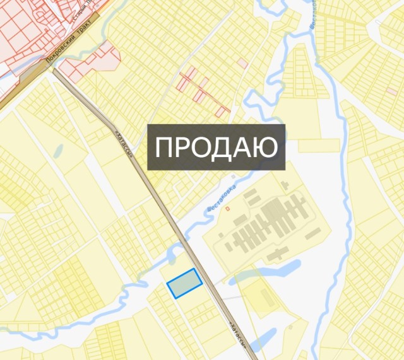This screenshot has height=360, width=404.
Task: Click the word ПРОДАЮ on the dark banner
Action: coord(217,147)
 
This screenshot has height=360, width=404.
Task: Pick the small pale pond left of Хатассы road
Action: coord(58,151)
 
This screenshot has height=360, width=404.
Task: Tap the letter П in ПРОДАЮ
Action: coord(165,148)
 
